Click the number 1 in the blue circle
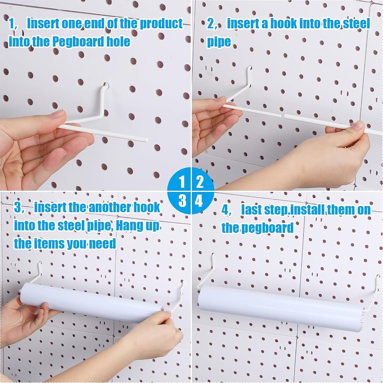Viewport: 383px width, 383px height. click(x=182, y=182)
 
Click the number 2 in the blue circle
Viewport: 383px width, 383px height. click(x=200, y=182)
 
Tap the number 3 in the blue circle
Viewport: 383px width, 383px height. click(x=182, y=201)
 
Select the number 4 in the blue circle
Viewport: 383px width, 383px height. click(x=199, y=201)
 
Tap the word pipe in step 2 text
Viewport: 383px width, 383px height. click(x=219, y=42)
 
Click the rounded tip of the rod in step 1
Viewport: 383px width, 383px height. click(x=147, y=140)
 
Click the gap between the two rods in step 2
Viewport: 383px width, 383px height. click(x=283, y=116)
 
